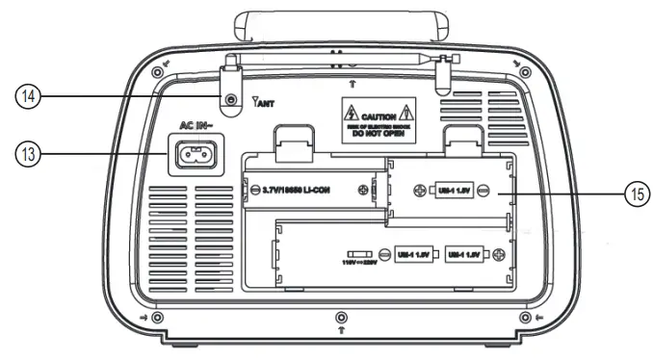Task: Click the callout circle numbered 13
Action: pos(28,153)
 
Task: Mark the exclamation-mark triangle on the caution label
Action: pos(408,113)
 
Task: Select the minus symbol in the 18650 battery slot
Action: pos(251,191)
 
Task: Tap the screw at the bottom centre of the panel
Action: pos(339,318)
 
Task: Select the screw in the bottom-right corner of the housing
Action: pos(524,318)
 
